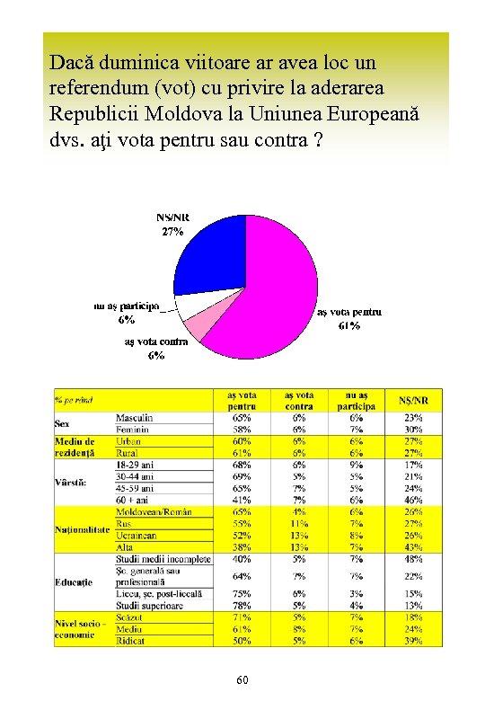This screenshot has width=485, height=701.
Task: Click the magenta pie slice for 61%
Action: pyautogui.click(x=269, y=288)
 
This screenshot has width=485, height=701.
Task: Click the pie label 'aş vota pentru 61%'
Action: pyautogui.click(x=349, y=319)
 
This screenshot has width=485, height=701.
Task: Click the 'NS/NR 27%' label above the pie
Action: pyautogui.click(x=172, y=224)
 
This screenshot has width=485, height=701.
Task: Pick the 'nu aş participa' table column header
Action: pyautogui.click(x=357, y=400)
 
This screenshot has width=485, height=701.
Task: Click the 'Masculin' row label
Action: pyautogui.click(x=135, y=418)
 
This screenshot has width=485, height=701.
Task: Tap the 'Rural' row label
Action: pyautogui.click(x=128, y=453)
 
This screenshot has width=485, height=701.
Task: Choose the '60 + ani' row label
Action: pyautogui.click(x=133, y=500)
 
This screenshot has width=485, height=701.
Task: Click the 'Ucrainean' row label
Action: pyautogui.click(x=137, y=535)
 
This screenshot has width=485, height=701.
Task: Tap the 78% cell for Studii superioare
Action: pyautogui.click(x=242, y=605)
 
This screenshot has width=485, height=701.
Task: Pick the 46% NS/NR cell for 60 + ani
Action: pyautogui.click(x=413, y=500)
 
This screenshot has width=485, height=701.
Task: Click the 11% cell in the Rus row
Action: pyautogui.click(x=299, y=523)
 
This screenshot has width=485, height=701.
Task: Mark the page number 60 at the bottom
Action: pyautogui.click(x=242, y=680)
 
